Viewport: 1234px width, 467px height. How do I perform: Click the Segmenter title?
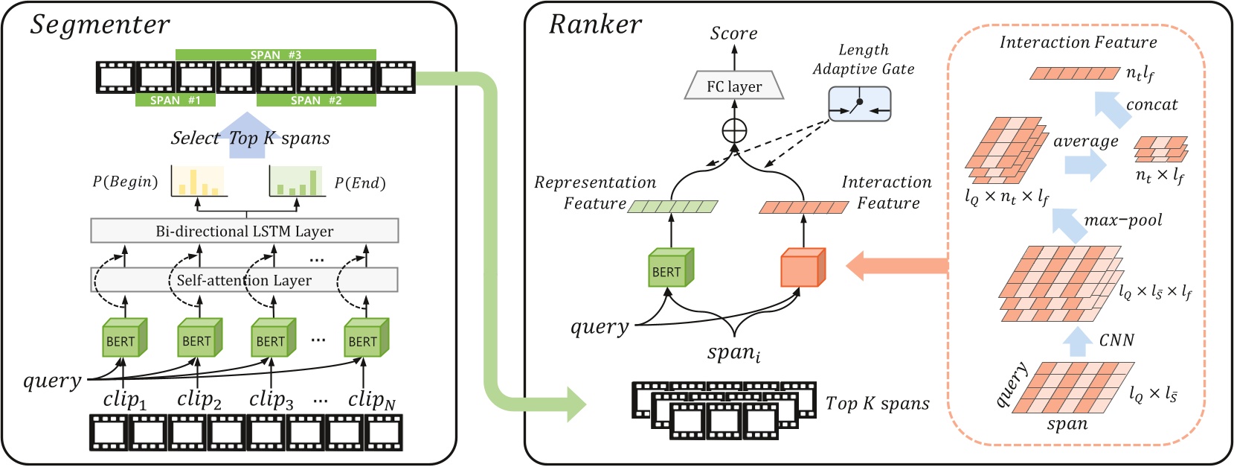(100, 25)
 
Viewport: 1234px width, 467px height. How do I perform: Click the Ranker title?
(594, 25)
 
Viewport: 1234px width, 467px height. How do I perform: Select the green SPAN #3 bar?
(275, 55)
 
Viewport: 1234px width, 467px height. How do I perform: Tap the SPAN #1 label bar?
(175, 101)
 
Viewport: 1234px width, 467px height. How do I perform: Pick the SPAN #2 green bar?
(316, 101)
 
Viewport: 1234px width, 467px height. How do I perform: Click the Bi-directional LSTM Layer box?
(244, 231)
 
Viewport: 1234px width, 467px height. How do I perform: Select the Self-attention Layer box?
(244, 280)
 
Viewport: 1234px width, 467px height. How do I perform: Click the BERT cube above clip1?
(123, 338)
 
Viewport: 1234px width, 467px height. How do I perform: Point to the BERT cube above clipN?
(365, 338)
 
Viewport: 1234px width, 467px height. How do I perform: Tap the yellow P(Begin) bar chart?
(198, 181)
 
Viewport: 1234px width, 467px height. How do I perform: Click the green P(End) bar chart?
(297, 181)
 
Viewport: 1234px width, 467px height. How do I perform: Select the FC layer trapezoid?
(733, 86)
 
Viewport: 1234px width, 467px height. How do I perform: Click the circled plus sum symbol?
(734, 131)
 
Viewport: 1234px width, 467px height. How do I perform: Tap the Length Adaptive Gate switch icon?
(859, 104)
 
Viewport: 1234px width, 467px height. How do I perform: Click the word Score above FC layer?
(733, 34)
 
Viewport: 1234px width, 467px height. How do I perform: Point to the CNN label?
(1116, 340)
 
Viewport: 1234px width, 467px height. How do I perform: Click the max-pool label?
(1122, 220)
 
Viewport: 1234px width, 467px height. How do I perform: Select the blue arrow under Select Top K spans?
(246, 136)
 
